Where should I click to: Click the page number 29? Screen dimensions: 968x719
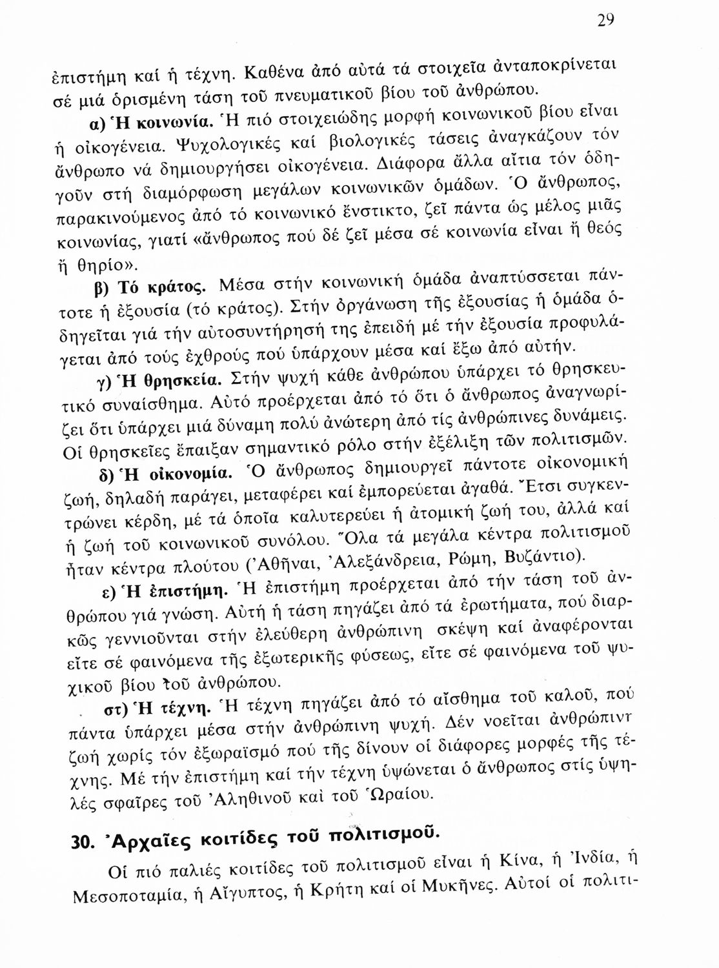[605, 20]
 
